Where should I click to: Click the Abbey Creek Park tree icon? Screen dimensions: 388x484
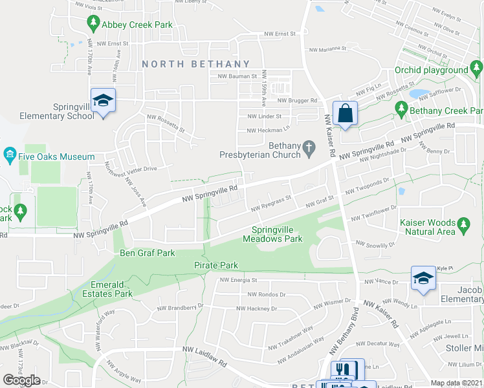point(93,24)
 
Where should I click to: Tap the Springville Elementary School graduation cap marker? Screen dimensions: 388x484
point(103,101)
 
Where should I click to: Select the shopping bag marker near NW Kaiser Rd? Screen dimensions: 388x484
point(346,113)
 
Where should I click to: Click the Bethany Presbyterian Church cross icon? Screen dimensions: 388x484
point(309,150)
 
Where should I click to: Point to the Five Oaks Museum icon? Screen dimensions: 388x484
point(10,156)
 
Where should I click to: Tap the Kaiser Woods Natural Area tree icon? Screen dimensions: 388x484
point(463,225)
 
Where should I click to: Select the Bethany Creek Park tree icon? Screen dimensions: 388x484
point(401,110)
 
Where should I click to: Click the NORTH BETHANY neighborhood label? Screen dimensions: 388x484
point(195,64)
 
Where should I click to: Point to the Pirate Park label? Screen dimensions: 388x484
point(216,265)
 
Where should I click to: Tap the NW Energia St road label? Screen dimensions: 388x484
point(239,281)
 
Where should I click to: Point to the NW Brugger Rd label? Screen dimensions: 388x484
point(298,100)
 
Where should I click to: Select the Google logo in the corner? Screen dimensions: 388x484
point(22,380)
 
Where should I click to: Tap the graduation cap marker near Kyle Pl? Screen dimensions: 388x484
point(423,278)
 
